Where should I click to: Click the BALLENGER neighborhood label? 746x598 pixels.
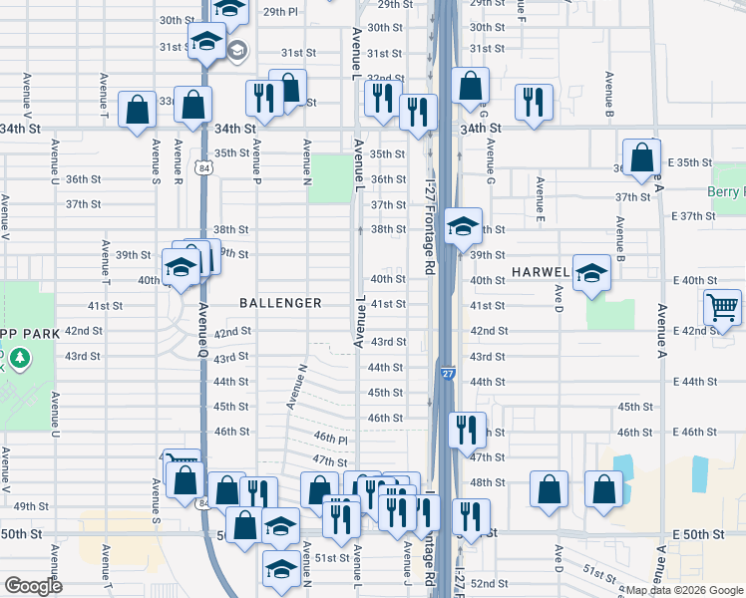tap(280, 302)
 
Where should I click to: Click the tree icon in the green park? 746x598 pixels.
tap(18, 357)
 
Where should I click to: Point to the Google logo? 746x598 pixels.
tap(32, 586)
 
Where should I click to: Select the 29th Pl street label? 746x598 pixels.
tap(280, 12)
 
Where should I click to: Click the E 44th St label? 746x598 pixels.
tap(694, 382)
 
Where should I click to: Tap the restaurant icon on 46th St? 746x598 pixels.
tap(467, 430)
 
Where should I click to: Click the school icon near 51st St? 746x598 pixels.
tap(281, 569)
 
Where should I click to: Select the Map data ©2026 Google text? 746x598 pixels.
tap(683, 589)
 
